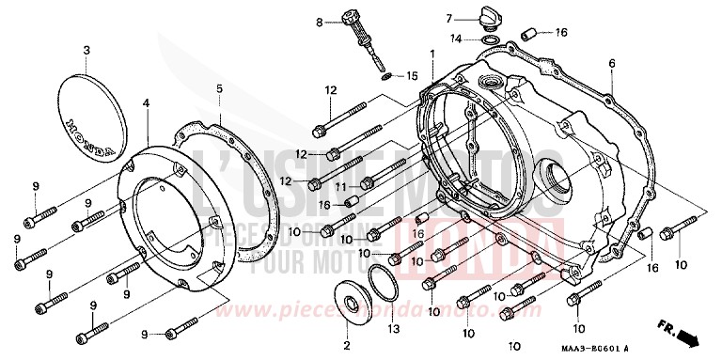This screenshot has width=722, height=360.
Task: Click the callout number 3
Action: [x=86, y=50]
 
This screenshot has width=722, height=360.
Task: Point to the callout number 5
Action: [x=219, y=89]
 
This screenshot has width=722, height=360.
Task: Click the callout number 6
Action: [x=611, y=63]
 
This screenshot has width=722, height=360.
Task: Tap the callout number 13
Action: [x=394, y=328]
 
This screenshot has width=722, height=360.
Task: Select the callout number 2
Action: [x=346, y=347]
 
